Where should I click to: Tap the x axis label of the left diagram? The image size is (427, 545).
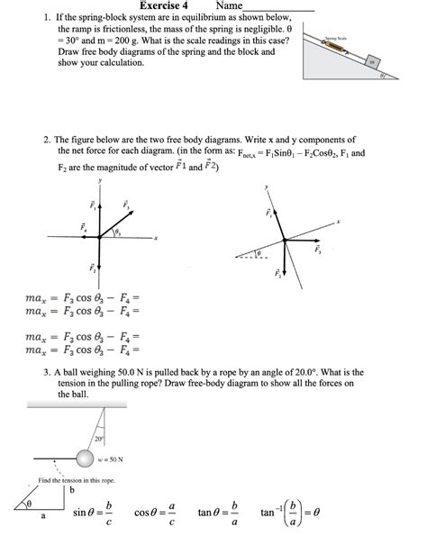point(155,238)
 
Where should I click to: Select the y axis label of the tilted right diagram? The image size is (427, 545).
point(267,187)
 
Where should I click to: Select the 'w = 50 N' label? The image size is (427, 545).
point(121,459)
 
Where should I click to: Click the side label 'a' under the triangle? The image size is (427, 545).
point(42,517)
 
